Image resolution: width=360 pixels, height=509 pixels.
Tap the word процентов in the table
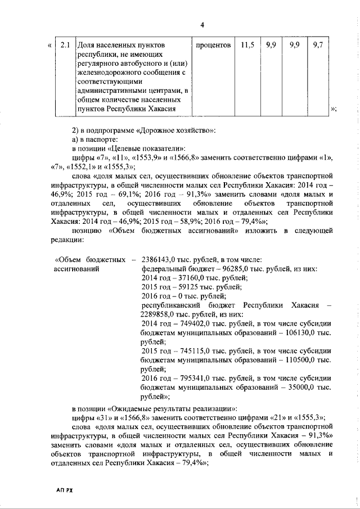point(214,44)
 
